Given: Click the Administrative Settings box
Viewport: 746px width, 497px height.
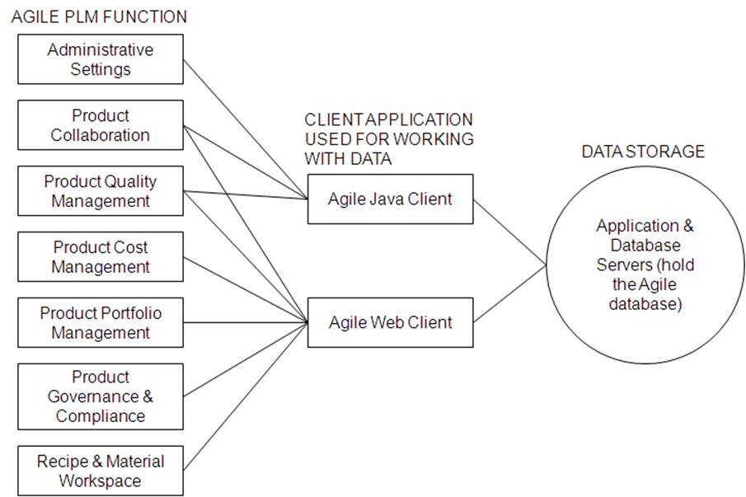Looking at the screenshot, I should pyautogui.click(x=100, y=59).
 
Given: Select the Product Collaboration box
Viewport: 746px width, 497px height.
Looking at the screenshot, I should pyautogui.click(x=100, y=125).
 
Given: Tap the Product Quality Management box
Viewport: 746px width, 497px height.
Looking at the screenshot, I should pyautogui.click(x=100, y=191).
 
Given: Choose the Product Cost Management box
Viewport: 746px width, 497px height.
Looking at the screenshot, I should pyautogui.click(x=100, y=257).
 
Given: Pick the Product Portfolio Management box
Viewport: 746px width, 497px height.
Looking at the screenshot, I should pyautogui.click(x=100, y=323).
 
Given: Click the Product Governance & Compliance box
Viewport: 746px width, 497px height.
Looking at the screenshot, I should pyautogui.click(x=100, y=396).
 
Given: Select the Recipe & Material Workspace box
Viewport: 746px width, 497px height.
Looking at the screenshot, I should pyautogui.click(x=100, y=471).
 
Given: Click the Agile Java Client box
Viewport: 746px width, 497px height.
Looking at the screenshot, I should pyautogui.click(x=390, y=199).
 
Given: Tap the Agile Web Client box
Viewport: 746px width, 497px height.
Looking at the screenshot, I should pyautogui.click(x=390, y=322).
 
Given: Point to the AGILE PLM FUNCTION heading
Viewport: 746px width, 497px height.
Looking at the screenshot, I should pyautogui.click(x=99, y=16).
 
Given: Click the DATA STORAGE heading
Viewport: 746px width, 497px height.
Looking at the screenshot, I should pyautogui.click(x=643, y=152).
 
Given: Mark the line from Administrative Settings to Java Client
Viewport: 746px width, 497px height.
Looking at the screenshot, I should pyautogui.click(x=244, y=129).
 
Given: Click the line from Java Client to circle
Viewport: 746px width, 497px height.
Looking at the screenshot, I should pyautogui.click(x=509, y=232).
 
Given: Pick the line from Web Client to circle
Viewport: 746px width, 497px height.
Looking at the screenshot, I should pyautogui.click(x=509, y=293).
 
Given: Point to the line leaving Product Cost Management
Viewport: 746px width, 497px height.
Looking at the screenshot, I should pyautogui.click(x=244, y=290).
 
